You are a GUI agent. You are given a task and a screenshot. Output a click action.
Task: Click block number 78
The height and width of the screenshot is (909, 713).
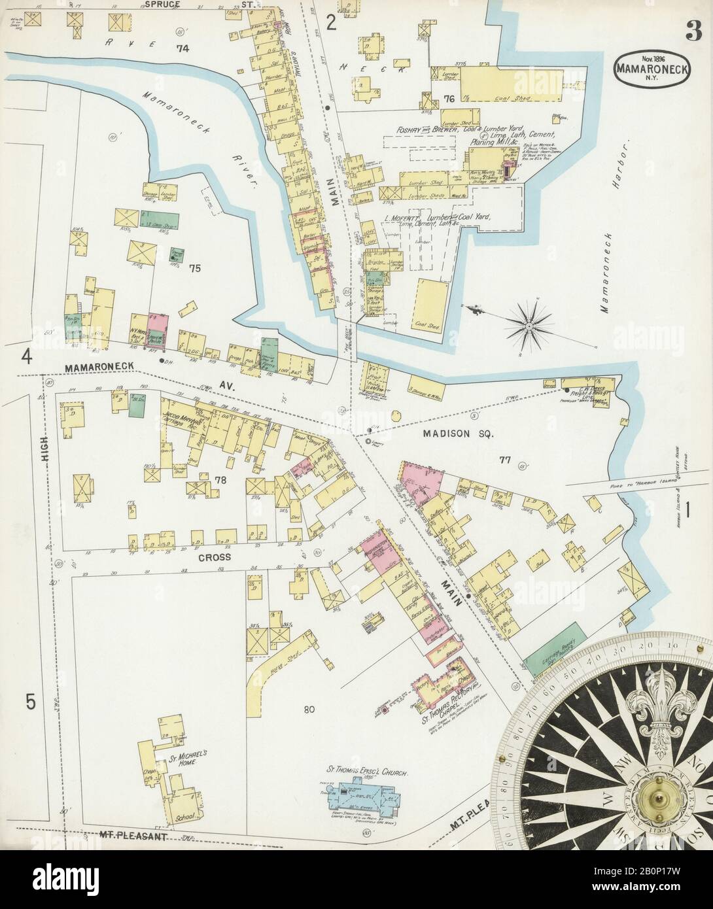tap(220, 481)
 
